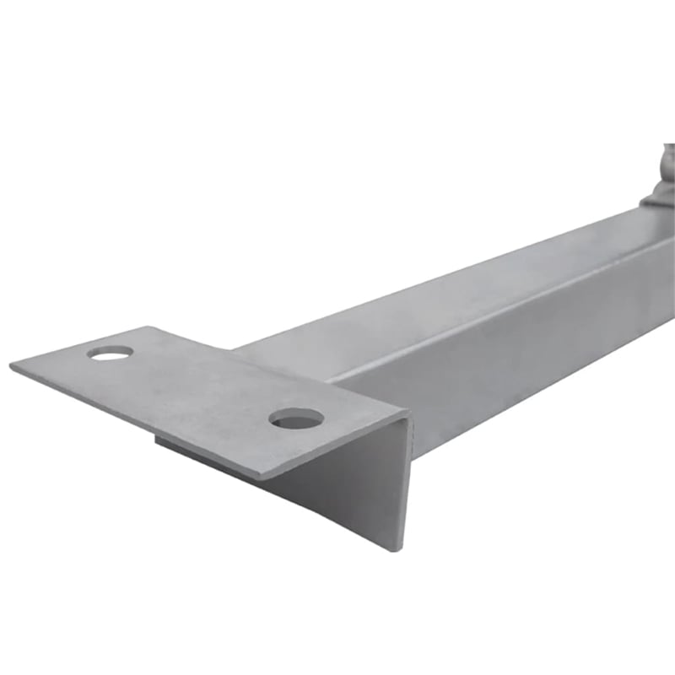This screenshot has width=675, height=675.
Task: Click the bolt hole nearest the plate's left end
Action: pos(111,352)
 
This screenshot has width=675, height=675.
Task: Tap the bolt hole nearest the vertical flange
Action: pos(296,417)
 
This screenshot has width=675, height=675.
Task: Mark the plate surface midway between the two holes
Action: pos(202,385)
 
